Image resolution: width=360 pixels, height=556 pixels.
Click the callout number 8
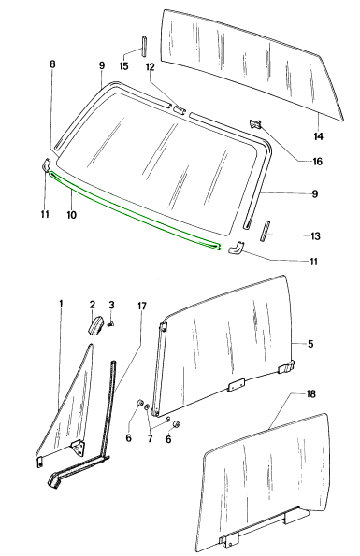click(52, 64)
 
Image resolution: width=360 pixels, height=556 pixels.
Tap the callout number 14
click(318, 136)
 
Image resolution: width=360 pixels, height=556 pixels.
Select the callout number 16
click(317, 162)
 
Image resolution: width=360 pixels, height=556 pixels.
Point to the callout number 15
click(123, 66)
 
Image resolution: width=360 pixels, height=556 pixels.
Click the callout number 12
click(151, 66)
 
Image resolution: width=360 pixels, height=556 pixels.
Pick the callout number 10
click(72, 215)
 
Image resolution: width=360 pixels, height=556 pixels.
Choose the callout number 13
click(315, 235)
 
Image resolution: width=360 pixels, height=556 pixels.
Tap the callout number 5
click(310, 344)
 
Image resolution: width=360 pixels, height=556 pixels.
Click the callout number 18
click(310, 394)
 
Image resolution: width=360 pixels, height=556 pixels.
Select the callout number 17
click(141, 306)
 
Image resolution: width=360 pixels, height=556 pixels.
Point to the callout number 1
click(61, 304)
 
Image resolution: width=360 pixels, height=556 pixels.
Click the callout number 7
click(150, 438)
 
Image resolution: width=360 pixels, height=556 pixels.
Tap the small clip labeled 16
click(255, 123)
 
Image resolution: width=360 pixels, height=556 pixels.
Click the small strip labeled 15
click(145, 46)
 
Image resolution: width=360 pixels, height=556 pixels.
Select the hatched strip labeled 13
click(264, 231)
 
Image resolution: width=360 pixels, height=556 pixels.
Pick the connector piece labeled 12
click(179, 109)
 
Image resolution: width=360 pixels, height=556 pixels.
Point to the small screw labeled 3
click(111, 323)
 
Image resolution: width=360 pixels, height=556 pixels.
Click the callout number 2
click(93, 305)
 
